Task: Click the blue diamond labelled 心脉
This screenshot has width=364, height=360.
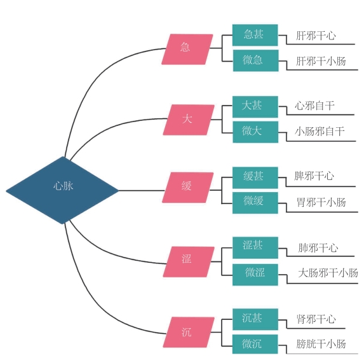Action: pos(62,190)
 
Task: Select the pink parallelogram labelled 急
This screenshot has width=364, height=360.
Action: pos(187,49)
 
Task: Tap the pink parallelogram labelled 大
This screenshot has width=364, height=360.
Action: pos(189,120)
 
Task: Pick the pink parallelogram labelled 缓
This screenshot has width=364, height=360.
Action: pos(188,188)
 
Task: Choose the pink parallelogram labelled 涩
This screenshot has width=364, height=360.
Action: pos(189,262)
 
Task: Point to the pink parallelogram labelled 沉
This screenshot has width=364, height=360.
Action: pos(189,333)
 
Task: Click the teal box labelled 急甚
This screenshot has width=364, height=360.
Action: pos(255,35)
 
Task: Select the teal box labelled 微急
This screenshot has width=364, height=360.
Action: pos(255,60)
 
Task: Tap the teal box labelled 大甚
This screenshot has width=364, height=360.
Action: pos(255,107)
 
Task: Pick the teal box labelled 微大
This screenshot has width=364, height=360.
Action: pos(255,132)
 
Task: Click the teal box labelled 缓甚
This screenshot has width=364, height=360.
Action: pos(255,177)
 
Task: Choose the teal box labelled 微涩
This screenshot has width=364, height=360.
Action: pos(255,275)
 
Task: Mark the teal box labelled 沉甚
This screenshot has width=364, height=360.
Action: pos(255,319)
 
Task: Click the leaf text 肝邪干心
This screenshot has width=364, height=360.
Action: pos(316,36)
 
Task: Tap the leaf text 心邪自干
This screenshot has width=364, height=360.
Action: pos(315,106)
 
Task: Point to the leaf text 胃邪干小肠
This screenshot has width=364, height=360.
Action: pos(321,202)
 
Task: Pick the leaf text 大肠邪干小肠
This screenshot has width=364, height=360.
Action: pos(328,273)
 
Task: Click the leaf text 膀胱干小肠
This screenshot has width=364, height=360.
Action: pos(321,344)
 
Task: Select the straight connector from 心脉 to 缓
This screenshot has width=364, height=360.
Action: pos(142,191)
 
